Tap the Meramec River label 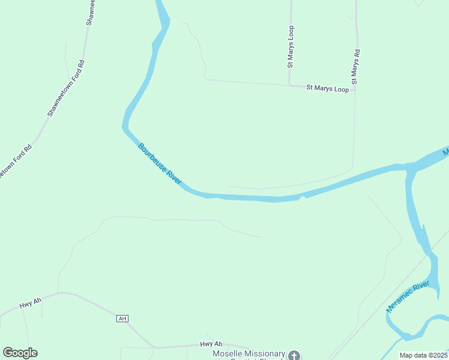[x=409, y=296]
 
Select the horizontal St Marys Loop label [x=327, y=89]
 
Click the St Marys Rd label [x=355, y=66]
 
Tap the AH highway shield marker [x=123, y=319]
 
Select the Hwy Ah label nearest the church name [x=211, y=344]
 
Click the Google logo [x=20, y=353]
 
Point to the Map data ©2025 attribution [x=424, y=355]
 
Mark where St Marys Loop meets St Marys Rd [x=355, y=89]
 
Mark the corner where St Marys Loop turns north [x=289, y=85]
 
